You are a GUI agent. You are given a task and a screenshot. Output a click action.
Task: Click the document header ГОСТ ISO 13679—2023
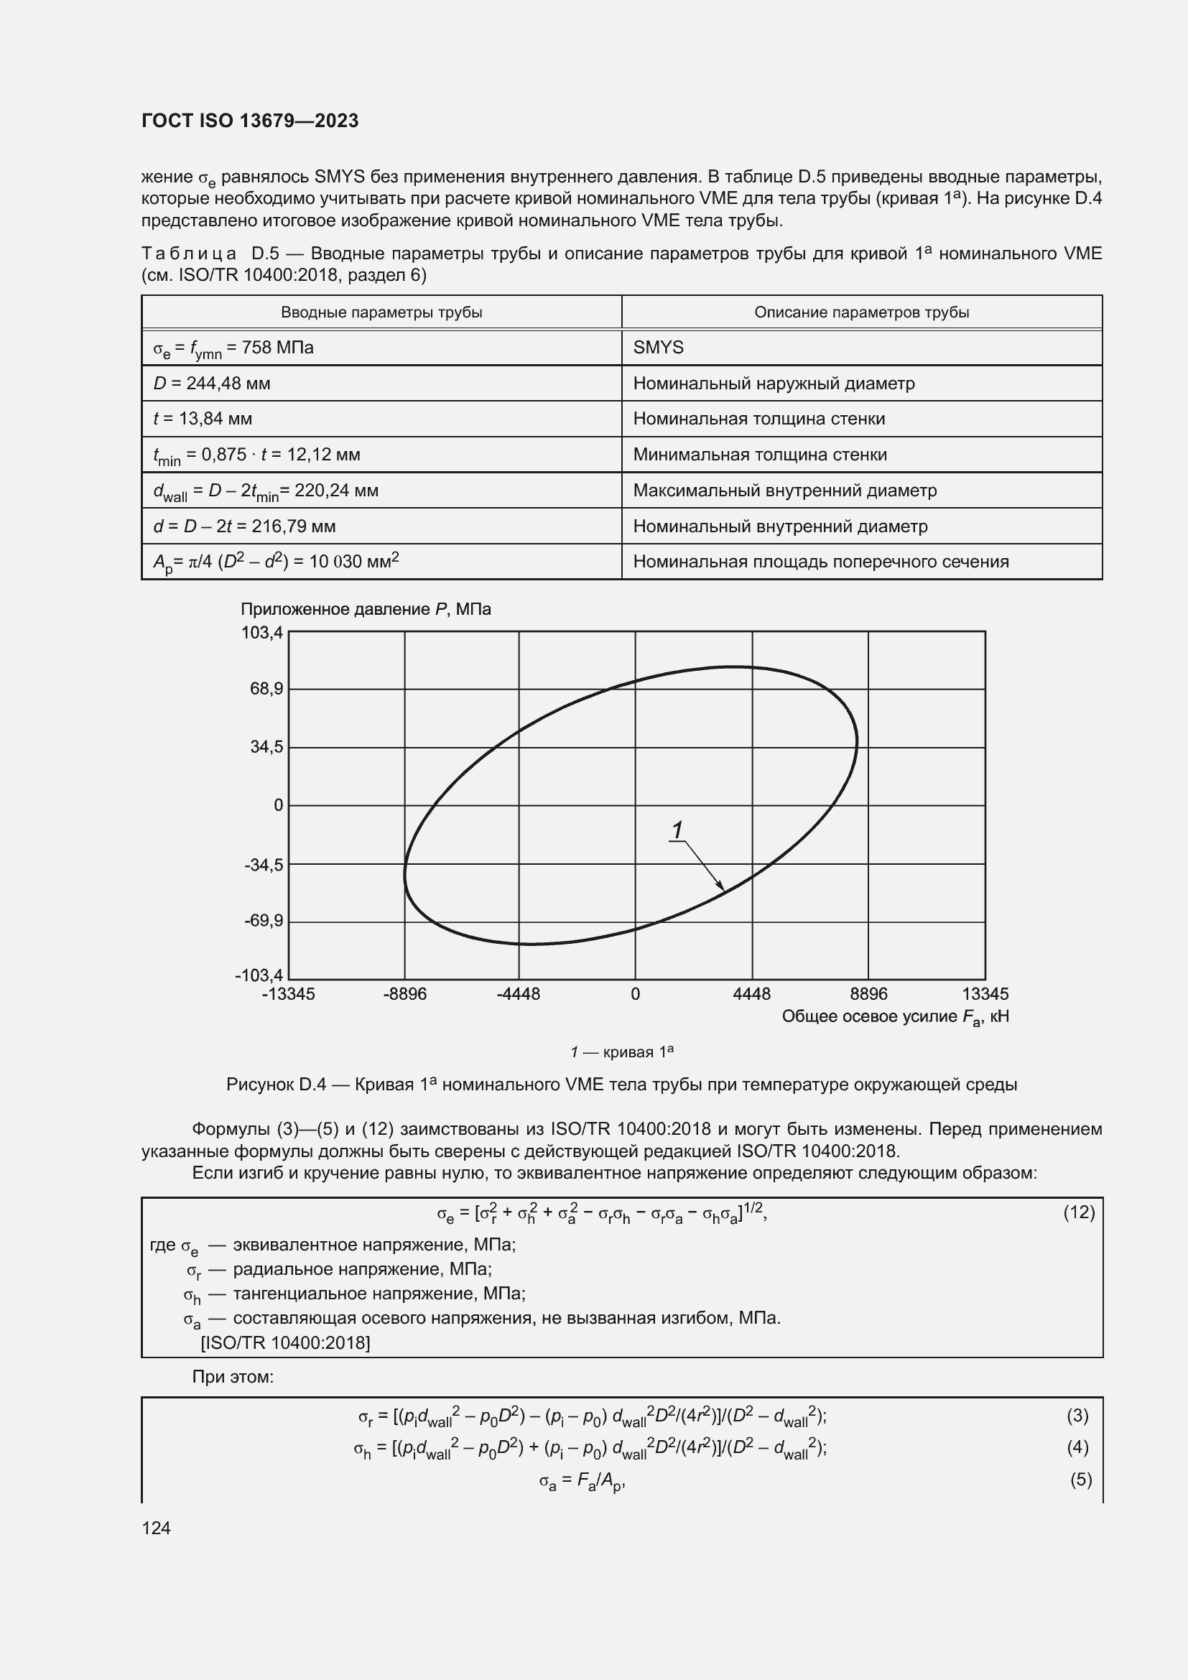pyautogui.click(x=249, y=121)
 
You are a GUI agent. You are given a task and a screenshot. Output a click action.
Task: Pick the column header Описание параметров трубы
pyautogui.click(x=861, y=312)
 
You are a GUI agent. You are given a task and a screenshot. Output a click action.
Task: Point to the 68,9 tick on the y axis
pyautogui.click(x=266, y=690)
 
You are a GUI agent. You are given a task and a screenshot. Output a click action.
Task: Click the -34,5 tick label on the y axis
pyautogui.click(x=264, y=865)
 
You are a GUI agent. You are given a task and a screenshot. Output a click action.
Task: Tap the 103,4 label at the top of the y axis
pyautogui.click(x=262, y=633)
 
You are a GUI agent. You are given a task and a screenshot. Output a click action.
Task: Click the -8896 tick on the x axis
pyautogui.click(x=404, y=994)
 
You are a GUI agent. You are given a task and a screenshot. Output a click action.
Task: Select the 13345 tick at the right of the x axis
pyautogui.click(x=985, y=994)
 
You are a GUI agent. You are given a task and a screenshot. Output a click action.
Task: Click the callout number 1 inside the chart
pyautogui.click(x=677, y=830)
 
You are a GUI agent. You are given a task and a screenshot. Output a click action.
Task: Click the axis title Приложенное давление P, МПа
pyautogui.click(x=366, y=610)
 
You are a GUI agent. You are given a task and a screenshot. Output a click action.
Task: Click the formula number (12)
pyautogui.click(x=1078, y=1213)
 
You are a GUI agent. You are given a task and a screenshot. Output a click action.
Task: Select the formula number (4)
pyautogui.click(x=1077, y=1447)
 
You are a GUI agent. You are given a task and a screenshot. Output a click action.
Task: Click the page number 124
pyautogui.click(x=156, y=1528)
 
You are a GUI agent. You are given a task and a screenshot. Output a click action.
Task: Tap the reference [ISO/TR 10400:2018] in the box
pyautogui.click(x=285, y=1342)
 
